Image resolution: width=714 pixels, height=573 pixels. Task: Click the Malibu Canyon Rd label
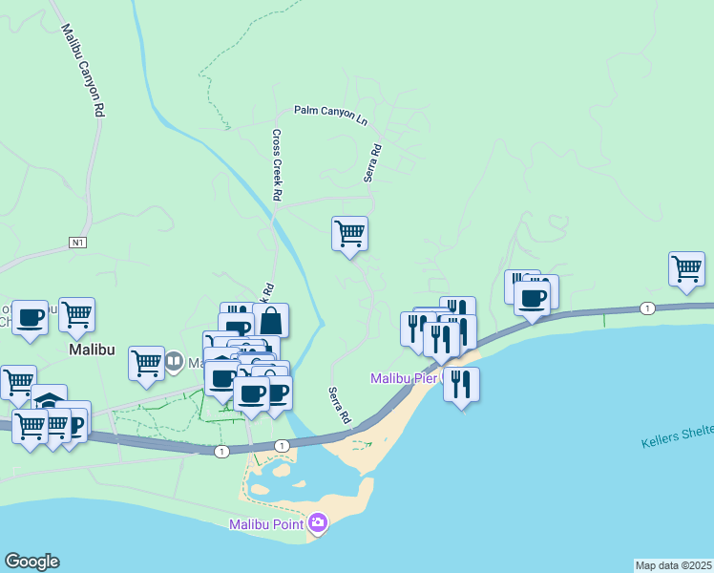[82, 71]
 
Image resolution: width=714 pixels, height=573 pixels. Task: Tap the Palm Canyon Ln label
[330, 112]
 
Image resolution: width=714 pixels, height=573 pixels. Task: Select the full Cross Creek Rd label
[277, 164]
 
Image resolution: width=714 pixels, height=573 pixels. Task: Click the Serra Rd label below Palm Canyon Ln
[372, 163]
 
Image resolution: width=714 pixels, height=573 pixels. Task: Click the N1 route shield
[78, 243]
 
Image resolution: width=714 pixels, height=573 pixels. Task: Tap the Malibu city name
[92, 350]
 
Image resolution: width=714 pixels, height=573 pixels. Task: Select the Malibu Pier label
[403, 379]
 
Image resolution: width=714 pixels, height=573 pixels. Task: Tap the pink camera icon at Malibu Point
[318, 522]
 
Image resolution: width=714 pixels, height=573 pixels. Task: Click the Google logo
[31, 561]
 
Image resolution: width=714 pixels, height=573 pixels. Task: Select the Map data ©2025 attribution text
[673, 565]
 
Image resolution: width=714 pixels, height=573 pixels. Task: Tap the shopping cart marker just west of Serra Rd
[350, 233]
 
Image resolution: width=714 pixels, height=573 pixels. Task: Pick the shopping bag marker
[271, 320]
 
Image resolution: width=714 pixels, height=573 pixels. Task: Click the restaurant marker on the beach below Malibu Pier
[462, 384]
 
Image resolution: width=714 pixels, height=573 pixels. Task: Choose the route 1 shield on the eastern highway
[648, 308]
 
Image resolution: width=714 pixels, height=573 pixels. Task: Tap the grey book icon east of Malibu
[174, 362]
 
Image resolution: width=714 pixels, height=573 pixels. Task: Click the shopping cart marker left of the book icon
[146, 362]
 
